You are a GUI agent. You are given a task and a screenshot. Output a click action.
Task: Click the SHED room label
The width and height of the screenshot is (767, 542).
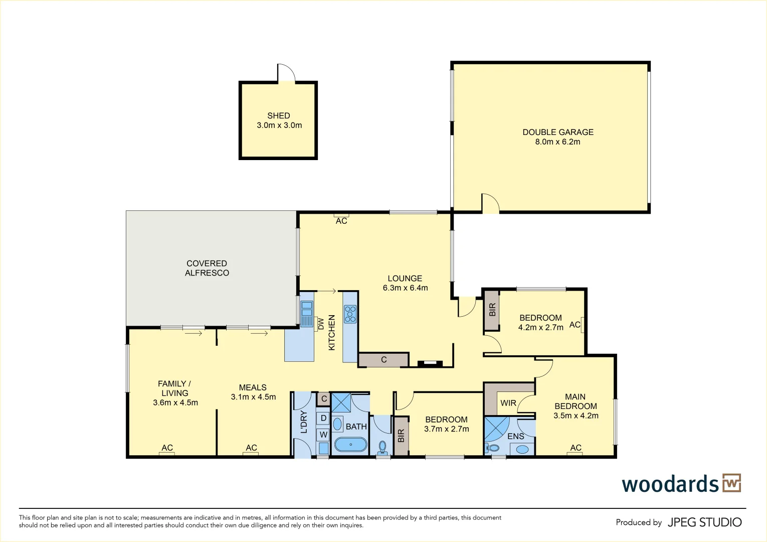coord(278,115)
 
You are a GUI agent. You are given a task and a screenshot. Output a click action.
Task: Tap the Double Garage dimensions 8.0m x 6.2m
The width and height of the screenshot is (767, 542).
coord(557,142)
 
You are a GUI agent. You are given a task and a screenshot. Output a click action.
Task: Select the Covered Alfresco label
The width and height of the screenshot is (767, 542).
coord(207,268)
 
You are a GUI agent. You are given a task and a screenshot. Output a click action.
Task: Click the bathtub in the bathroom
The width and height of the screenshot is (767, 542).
coord(350,445)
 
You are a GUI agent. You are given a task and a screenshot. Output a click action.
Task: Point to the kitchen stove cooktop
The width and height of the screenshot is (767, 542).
coord(350,314)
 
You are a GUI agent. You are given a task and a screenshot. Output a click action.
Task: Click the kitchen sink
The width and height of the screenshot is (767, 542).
coord(306,309)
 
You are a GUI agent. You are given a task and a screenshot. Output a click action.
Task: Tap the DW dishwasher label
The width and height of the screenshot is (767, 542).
coord(321,324)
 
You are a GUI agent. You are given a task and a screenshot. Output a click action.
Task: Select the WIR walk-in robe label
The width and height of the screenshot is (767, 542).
coord(508,403)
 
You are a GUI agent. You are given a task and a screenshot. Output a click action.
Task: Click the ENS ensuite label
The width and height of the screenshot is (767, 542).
coord(515,436)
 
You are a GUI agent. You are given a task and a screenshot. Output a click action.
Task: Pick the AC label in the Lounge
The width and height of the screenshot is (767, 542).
coord(341,221)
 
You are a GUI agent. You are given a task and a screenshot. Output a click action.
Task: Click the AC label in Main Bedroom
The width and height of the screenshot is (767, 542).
coord(576,448)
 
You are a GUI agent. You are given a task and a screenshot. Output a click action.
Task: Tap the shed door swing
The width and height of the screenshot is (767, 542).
coord(286,73)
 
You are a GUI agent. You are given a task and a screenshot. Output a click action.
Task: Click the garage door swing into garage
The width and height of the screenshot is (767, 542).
coord(490,203)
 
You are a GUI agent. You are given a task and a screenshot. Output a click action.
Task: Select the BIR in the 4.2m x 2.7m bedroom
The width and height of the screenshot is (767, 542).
coord(492,310)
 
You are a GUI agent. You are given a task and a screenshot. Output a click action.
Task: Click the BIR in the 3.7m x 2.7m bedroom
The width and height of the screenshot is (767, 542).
coord(401,436)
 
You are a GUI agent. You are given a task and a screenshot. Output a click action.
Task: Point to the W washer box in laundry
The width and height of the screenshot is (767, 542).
coord(323,435)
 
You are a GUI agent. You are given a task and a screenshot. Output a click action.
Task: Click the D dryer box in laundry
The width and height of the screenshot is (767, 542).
coord(323,418)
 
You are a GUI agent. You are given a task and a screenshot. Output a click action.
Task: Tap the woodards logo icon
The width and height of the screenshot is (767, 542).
coord(731,483)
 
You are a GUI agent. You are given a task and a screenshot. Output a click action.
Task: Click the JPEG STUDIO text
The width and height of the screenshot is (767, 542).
coord(704,522)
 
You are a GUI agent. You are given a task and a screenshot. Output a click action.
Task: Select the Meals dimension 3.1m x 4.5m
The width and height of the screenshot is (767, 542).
coord(253,397)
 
